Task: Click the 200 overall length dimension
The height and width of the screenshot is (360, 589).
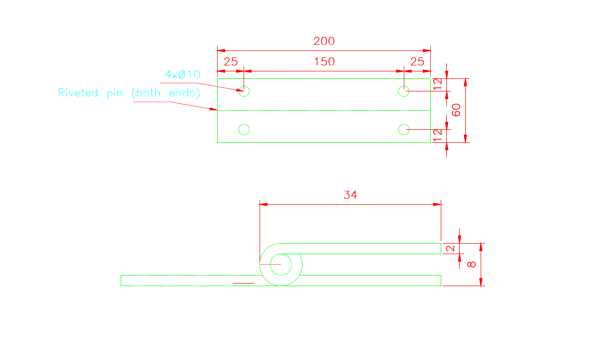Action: [324, 41]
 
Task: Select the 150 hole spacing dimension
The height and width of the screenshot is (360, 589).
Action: [324, 62]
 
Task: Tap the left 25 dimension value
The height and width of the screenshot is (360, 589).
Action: [230, 62]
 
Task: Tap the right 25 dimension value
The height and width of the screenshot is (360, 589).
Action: [417, 62]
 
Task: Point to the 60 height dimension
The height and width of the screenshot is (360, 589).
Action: [456, 110]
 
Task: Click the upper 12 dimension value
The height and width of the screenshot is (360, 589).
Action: [437, 84]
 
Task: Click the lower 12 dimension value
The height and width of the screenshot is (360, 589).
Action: [437, 135]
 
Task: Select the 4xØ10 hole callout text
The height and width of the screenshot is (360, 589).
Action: [183, 75]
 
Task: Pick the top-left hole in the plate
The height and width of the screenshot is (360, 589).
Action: [244, 91]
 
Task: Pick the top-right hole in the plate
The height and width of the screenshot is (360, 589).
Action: [404, 91]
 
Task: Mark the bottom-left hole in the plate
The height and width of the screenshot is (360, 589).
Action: [244, 130]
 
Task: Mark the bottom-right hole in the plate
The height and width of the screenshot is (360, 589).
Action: [404, 130]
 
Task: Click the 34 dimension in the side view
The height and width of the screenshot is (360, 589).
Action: [350, 195]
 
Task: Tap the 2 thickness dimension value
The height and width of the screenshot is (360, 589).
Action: [450, 249]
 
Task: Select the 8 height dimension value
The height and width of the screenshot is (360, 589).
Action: [472, 265]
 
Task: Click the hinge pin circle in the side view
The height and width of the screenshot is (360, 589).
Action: [281, 264]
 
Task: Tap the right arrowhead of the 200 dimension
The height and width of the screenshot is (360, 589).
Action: [427, 50]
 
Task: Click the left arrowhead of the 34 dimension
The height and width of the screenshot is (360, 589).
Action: [264, 204]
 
